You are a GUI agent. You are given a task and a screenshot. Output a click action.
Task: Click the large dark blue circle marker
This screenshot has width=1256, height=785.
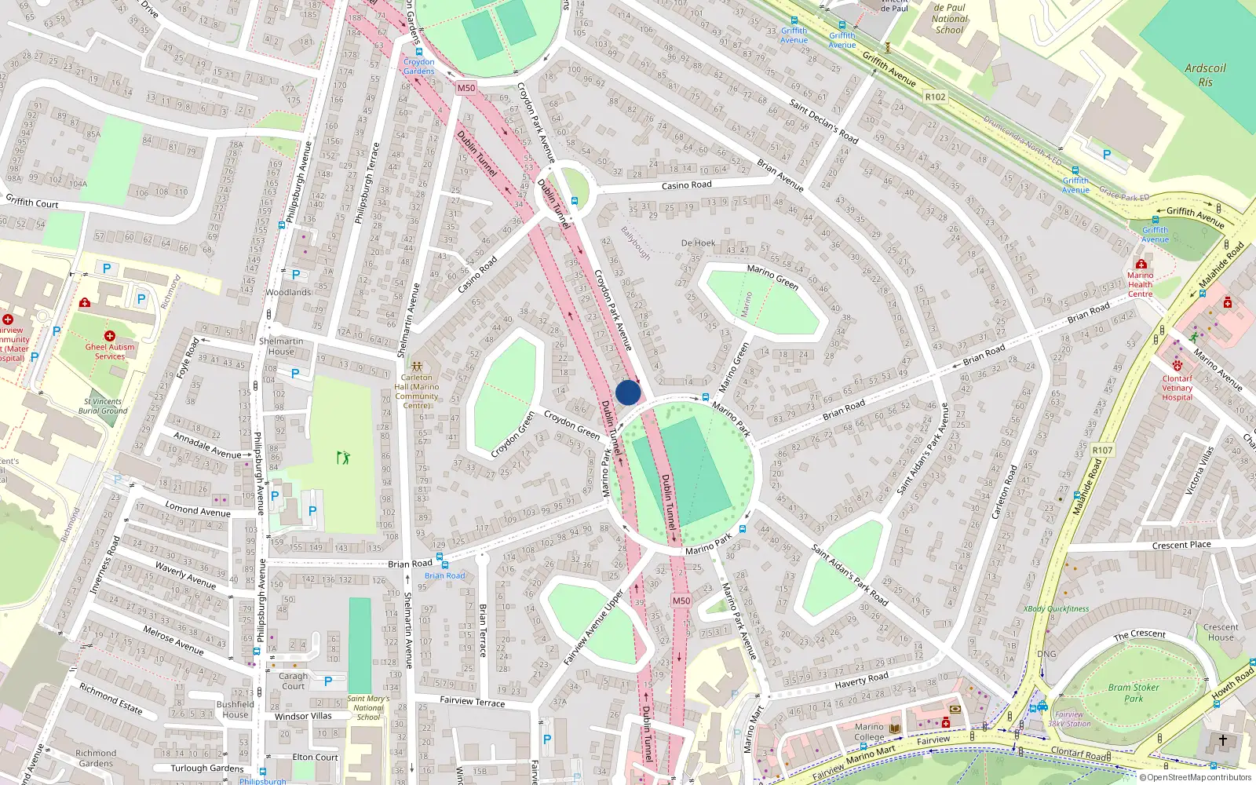coord(628,392)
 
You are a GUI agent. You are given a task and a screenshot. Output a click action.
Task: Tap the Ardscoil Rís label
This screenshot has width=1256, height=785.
coord(1205,75)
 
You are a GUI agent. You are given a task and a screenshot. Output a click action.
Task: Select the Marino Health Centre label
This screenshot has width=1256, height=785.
coord(1141,284)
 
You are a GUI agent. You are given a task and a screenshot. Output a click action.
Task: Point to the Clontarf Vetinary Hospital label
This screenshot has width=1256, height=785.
coord(1177,388)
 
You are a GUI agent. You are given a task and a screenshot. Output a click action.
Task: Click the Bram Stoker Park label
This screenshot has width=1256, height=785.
coord(1134,692)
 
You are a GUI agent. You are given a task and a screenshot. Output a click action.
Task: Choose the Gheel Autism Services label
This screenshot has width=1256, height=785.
coord(110,351)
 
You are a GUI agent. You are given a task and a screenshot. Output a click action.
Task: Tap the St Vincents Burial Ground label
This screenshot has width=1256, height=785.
coord(103,406)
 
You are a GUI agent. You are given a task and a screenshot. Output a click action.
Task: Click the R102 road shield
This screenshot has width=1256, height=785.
coord(936,97)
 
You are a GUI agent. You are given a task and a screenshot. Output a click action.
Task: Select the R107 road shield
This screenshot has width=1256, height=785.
coord(1102,451)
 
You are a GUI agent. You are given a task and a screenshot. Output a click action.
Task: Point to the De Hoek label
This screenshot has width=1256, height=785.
coord(698,243)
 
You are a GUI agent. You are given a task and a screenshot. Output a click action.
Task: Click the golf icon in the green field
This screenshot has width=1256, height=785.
coord(343,457)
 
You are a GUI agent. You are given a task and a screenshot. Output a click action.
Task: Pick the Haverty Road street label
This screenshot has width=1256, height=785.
coord(861,680)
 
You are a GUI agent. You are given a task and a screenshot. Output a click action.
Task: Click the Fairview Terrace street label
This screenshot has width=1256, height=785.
coord(472,701)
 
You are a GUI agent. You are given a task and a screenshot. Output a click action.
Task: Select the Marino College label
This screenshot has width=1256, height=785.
coord(869,732)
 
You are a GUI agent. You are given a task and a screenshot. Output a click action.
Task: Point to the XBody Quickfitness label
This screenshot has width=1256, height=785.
coord(1056,608)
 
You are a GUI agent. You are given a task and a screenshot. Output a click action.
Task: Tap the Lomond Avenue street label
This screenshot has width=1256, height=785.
coord(198,509)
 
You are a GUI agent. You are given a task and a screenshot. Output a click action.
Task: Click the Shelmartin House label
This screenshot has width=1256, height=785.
coord(281,346)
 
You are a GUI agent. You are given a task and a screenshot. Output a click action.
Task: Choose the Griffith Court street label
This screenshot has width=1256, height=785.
coord(32,202)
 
